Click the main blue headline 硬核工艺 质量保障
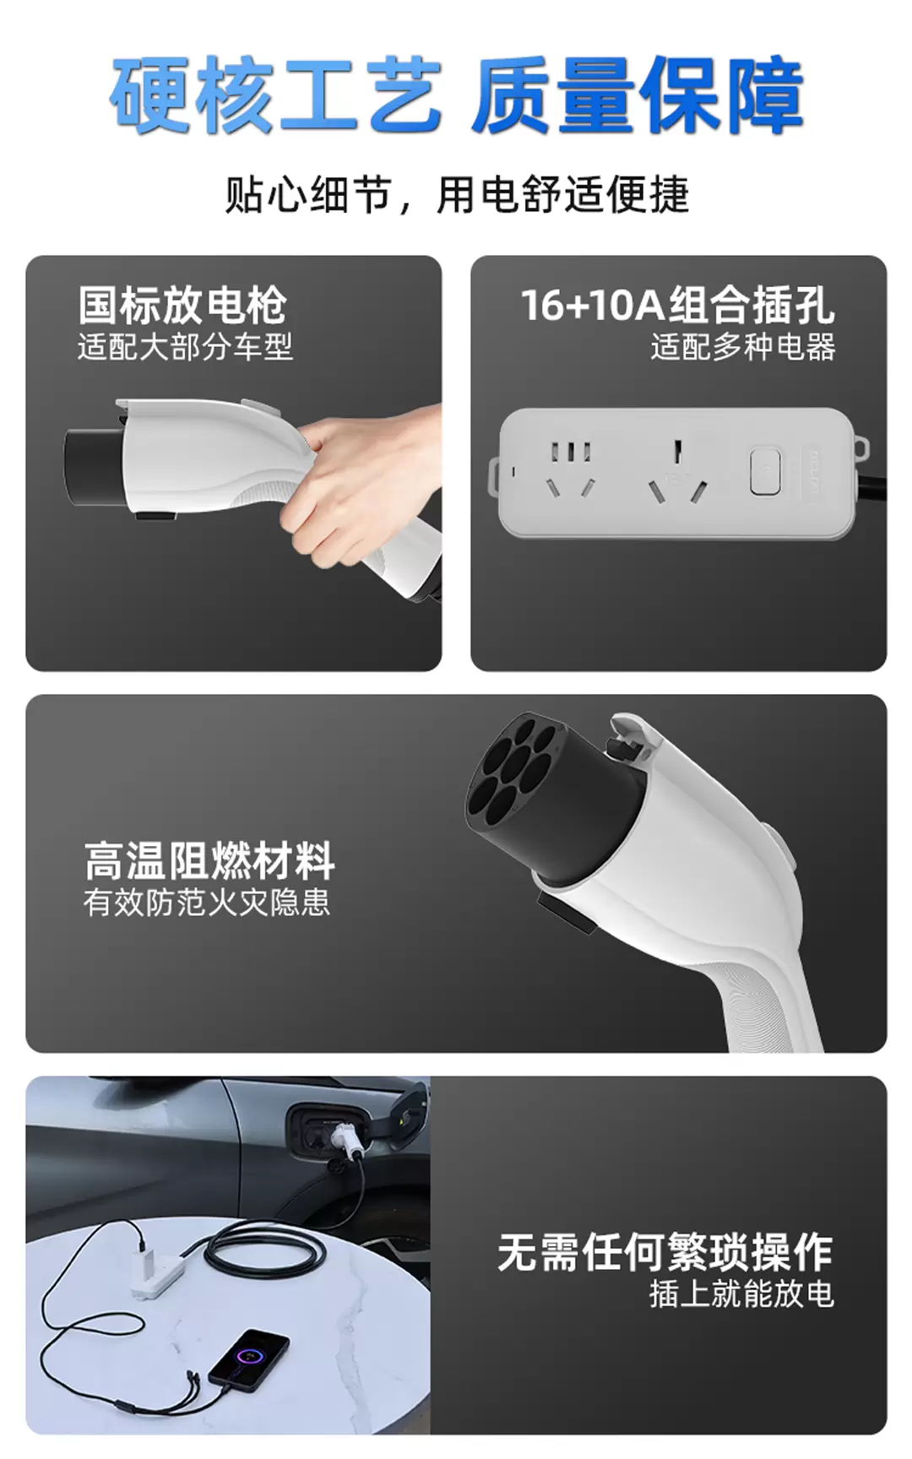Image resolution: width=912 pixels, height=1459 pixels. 456,95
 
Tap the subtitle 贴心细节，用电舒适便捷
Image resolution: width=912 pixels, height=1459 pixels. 457,195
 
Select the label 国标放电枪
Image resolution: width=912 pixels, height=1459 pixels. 182,305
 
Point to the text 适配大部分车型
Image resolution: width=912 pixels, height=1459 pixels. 185,347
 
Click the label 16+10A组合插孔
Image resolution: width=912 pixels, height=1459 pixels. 677,305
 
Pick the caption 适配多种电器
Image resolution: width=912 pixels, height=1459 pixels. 743,347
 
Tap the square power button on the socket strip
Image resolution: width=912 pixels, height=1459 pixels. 765,470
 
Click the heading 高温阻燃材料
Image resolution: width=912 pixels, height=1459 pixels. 209,860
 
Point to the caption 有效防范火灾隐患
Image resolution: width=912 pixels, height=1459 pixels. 207,903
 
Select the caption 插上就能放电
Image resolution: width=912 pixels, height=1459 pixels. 742,1294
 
